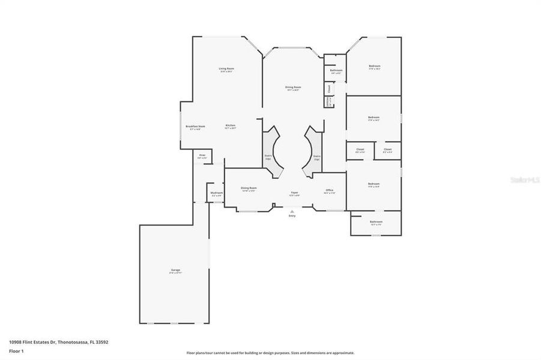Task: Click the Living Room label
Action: [226, 69]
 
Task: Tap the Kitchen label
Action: [231, 125]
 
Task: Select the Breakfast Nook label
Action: [195, 127]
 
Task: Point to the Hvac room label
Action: [202, 156]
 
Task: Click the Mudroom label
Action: [217, 193]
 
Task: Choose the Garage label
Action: [175, 270]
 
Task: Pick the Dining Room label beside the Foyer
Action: [249, 189]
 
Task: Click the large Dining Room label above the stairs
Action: [293, 88]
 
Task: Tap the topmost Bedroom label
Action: [374, 66]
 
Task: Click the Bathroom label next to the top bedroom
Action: [336, 71]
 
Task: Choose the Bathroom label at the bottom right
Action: [376, 222]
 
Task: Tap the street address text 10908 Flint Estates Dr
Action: [58, 342]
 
